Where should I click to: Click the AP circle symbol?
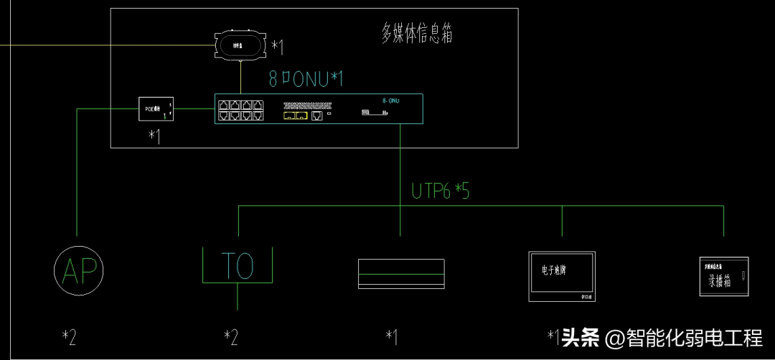[x=79, y=270]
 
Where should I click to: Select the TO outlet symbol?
[x=238, y=266]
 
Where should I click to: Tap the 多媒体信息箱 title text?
[x=417, y=33]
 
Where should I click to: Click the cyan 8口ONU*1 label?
[x=305, y=78]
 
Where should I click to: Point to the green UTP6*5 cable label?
[x=441, y=191]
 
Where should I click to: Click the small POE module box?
[x=156, y=109]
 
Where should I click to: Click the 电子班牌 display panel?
[x=561, y=275]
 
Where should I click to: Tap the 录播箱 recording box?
[x=723, y=277]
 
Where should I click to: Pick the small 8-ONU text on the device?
[x=391, y=101]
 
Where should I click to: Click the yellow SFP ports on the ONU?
[x=295, y=115]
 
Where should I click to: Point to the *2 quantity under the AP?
[x=69, y=336]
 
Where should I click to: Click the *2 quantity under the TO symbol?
[x=231, y=336]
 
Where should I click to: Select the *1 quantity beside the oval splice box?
[x=277, y=47]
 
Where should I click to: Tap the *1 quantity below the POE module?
[x=154, y=136]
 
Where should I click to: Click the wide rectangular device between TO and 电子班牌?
[x=401, y=274]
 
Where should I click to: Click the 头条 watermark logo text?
[x=581, y=337]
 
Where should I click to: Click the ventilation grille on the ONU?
[x=308, y=105]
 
